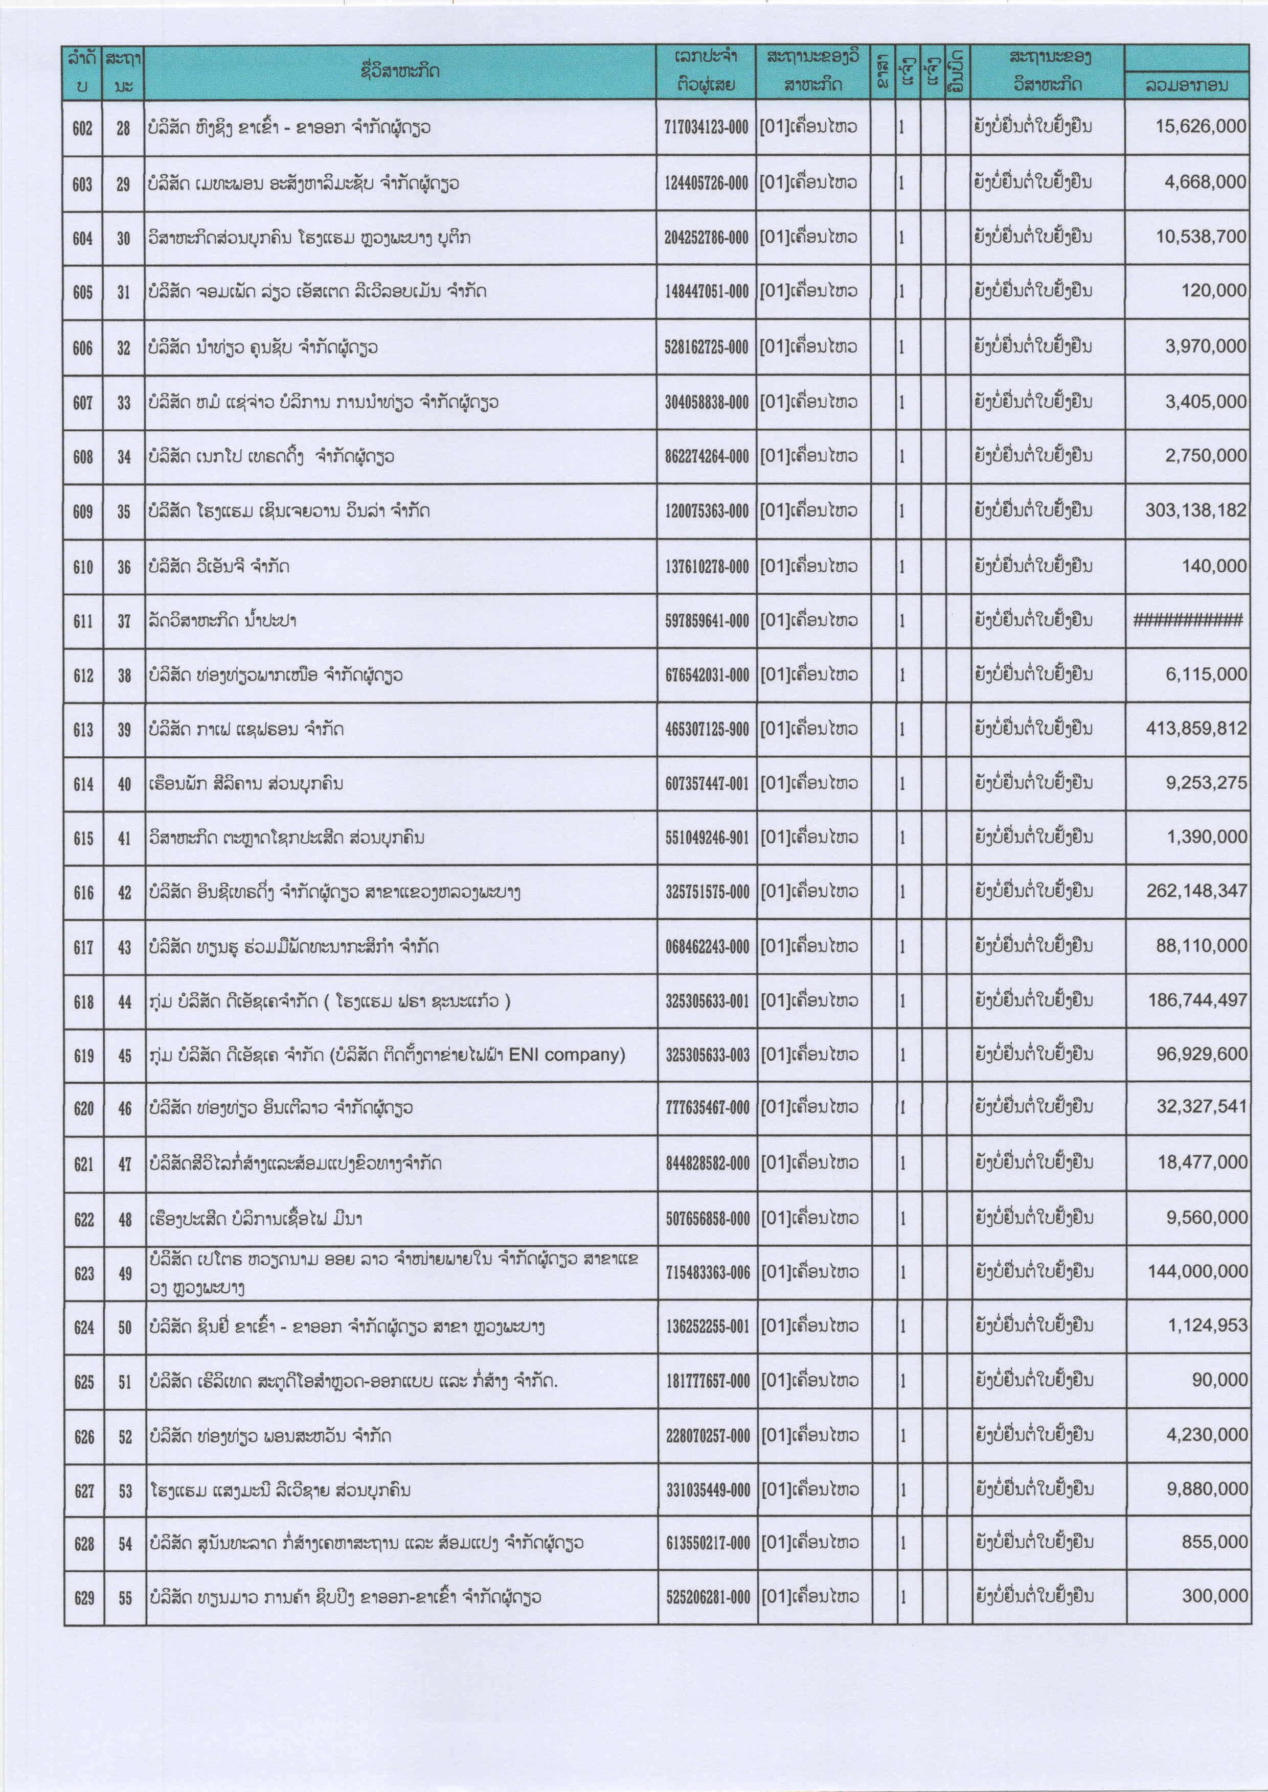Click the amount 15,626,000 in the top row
1200,126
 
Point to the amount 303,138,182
1195,510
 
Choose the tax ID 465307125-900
707,730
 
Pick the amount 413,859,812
1196,728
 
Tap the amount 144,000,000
1197,1271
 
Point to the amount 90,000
1219,1380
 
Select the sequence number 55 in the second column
125,1598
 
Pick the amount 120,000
1213,290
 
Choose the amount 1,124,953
1207,1325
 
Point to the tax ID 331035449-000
708,1491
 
